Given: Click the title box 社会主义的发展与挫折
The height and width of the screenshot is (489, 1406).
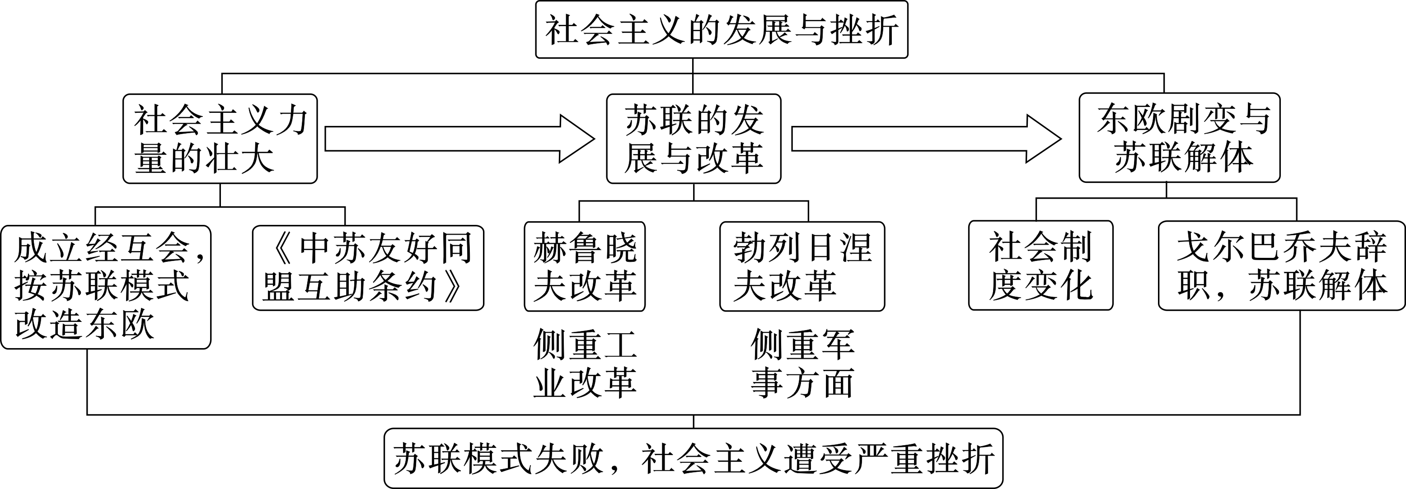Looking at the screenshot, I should tap(721, 29).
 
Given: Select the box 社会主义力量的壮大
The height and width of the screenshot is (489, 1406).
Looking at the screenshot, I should tap(220, 139).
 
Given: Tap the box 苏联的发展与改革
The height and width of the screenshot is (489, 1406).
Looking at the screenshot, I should tap(693, 139).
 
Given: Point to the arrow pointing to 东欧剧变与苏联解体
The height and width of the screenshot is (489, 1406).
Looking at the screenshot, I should tap(926, 139).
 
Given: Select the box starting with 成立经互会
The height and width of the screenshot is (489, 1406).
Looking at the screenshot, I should tap(105, 287).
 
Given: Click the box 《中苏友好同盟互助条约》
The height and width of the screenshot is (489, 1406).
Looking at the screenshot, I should tap(368, 268).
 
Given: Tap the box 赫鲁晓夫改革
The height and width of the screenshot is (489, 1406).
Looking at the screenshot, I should tap(585, 266).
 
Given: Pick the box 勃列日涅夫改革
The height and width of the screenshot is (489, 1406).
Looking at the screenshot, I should tap(802, 266).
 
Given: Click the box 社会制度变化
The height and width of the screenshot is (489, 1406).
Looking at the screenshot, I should tap(1040, 265).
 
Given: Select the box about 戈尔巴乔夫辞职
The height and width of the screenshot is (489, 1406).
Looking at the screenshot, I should tap(1280, 265).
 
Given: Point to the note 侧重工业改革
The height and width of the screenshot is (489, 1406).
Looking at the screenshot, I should tap(585, 363).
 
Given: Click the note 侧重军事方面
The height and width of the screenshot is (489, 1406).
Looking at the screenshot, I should tap(802, 363).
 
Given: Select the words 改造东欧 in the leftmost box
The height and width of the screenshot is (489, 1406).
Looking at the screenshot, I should tap(84, 325).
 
